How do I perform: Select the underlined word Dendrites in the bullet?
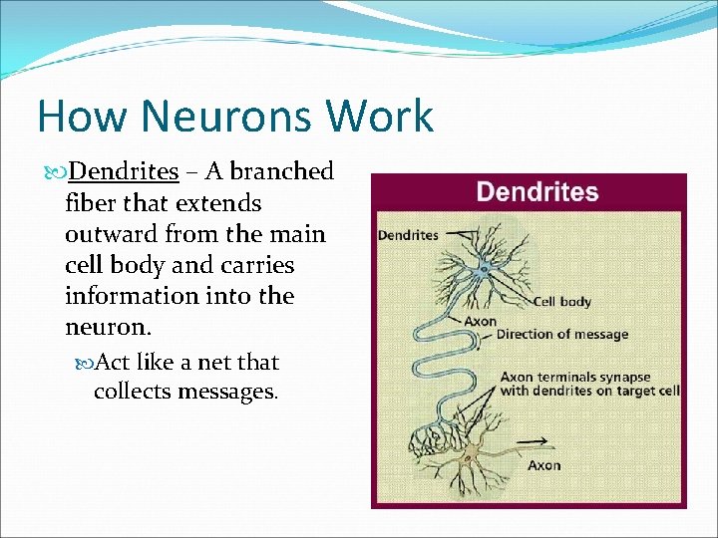tap(124, 171)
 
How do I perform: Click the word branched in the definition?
tap(281, 171)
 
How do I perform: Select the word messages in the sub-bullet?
tap(228, 391)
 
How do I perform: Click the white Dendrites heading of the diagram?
tap(538, 192)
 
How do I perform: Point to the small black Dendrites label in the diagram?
tap(408, 235)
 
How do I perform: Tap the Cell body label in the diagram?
tap(562, 302)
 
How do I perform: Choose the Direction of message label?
tap(562, 334)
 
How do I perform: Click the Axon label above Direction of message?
tap(480, 321)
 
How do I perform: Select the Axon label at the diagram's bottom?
tap(543, 465)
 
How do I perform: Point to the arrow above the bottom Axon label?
tap(534, 441)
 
